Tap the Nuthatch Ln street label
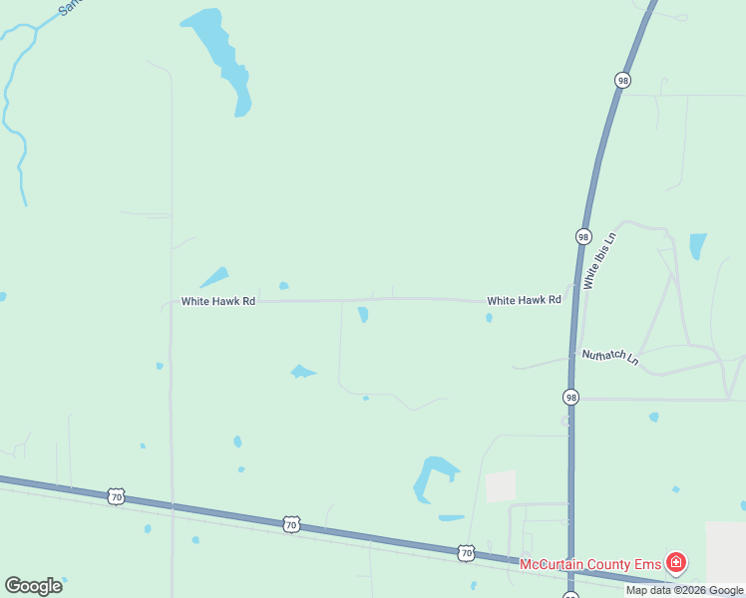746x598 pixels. [x=609, y=356]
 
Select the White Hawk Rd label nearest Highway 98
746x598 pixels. [x=524, y=300]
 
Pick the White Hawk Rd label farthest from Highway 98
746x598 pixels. [x=218, y=301]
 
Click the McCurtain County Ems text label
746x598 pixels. [x=590, y=564]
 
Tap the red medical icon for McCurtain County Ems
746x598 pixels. [x=676, y=564]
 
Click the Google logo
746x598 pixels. [x=33, y=586]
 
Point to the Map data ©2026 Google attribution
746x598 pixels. [x=684, y=591]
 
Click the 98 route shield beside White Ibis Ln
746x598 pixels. [x=583, y=237]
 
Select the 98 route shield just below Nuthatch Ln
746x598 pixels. [x=569, y=397]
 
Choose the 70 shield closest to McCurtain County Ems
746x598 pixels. [x=466, y=551]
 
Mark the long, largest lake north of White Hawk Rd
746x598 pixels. [x=221, y=55]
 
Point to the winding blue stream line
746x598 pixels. [x=14, y=110]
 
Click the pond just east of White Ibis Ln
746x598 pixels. [x=697, y=245]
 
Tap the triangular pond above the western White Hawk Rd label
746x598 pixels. [x=214, y=278]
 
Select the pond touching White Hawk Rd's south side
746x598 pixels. [x=363, y=314]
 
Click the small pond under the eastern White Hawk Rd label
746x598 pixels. [x=489, y=318]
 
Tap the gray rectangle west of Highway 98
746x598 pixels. [x=501, y=486]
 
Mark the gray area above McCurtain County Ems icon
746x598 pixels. [x=725, y=549]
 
